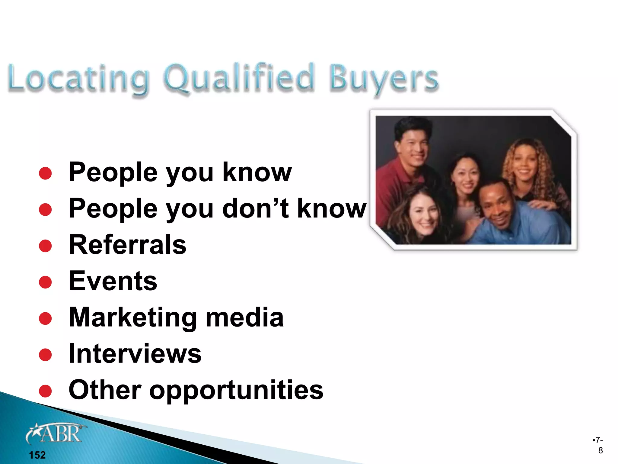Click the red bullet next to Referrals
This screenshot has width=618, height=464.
point(45,246)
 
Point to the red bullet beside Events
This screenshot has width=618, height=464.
point(45,282)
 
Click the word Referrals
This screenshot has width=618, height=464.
point(127,245)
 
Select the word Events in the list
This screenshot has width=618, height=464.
point(113,281)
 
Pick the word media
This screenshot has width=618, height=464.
point(244,317)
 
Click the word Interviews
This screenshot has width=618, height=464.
point(135,353)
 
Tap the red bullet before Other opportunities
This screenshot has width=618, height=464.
point(45,391)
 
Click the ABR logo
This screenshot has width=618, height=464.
point(56,433)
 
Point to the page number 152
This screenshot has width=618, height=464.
point(37,455)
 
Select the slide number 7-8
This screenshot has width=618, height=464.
point(598,445)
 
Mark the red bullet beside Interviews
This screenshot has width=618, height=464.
point(45,355)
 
